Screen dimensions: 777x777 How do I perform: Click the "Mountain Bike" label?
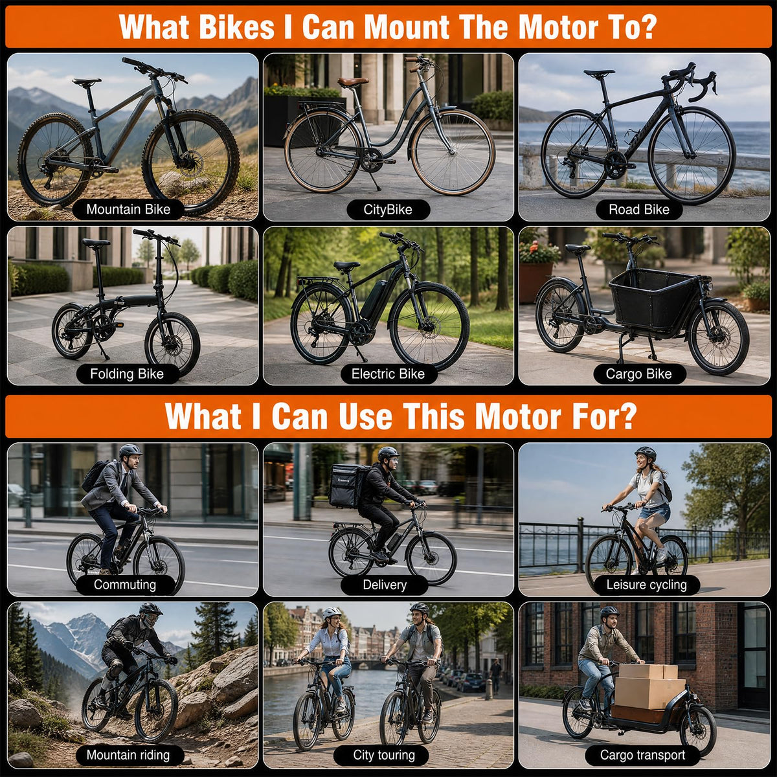pos(128,209)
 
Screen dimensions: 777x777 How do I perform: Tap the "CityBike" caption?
pos(388,210)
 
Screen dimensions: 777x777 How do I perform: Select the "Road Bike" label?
pos(638,210)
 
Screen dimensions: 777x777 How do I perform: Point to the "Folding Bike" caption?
pos(127,374)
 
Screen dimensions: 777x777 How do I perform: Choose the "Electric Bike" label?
pos(388,374)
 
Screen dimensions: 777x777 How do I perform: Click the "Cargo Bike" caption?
pos(638,374)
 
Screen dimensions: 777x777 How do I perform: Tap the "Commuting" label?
pos(125,585)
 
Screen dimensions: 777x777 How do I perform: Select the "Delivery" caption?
pos(385,585)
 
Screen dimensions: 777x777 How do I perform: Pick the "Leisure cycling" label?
pos(646,585)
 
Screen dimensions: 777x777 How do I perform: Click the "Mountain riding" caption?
pos(128,755)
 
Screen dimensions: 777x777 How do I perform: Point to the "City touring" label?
pos(384,755)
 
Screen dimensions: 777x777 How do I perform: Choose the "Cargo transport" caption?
pos(642,755)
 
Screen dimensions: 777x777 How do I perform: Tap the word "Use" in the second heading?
pos(365,416)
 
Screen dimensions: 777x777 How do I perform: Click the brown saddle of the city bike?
pos(353,82)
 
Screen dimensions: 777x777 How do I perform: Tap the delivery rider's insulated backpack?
pos(348,486)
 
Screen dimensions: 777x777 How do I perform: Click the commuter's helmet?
pos(130,451)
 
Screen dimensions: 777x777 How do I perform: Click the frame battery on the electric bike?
pos(372,299)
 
